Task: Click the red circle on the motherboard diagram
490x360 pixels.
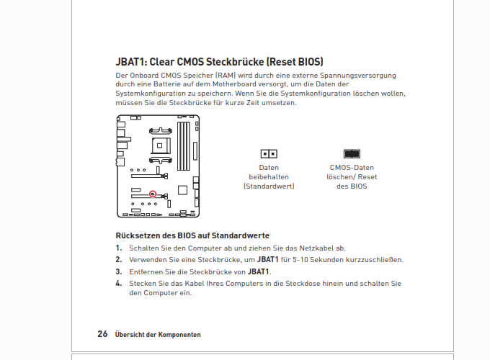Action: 153,194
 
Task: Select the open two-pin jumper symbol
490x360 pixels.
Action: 269,154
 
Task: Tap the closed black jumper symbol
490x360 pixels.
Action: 352,154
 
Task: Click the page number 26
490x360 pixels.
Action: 102,334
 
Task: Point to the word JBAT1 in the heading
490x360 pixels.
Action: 130,62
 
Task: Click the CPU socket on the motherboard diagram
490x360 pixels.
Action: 161,145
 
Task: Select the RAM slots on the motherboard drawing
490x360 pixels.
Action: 184,146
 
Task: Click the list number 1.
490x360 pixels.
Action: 119,248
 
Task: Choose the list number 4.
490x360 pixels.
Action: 119,284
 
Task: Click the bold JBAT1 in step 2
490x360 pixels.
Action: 268,260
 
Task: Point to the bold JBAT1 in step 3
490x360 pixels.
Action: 259,272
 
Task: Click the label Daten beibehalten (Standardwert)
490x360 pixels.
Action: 269,177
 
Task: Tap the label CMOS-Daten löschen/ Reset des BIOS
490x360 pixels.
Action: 352,177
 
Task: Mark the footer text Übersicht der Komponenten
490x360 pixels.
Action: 158,335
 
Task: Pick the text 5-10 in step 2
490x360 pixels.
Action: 300,260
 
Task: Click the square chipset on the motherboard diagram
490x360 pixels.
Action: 182,190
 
